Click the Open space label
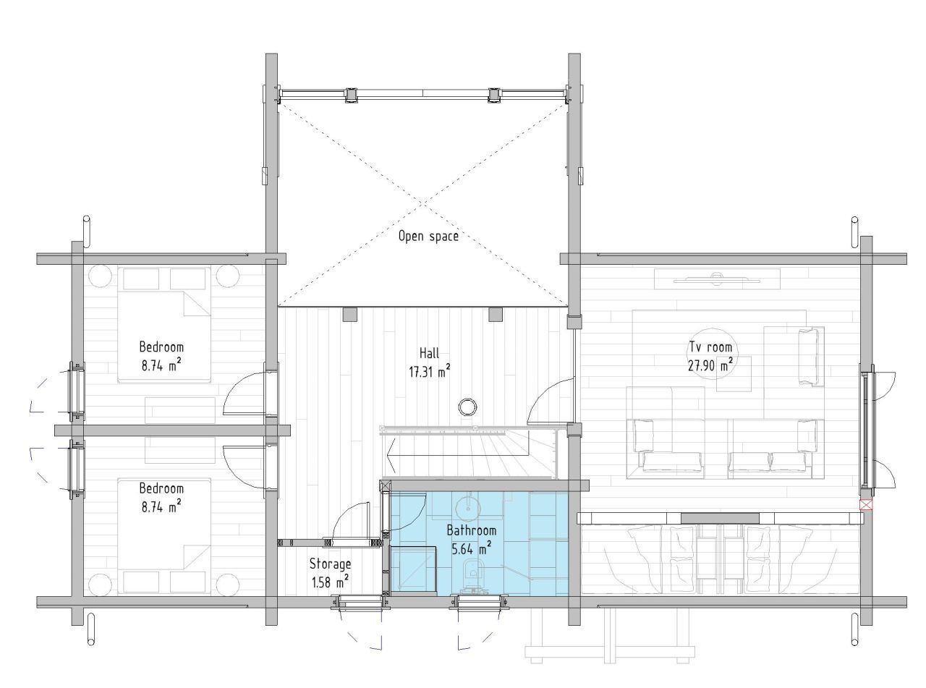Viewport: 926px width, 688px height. click(428, 237)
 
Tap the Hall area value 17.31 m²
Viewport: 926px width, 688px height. click(429, 372)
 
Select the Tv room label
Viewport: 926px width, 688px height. click(710, 347)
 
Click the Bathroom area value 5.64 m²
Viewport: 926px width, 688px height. click(472, 548)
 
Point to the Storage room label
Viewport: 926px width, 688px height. click(330, 564)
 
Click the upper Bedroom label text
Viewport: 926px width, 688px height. click(161, 347)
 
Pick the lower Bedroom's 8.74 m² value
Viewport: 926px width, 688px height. click(161, 507)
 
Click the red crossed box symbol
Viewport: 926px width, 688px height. click(866, 505)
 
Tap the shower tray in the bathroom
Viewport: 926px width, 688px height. click(413, 570)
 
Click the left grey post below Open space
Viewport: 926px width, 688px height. click(350, 315)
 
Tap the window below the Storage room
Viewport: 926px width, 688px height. click(360, 602)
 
